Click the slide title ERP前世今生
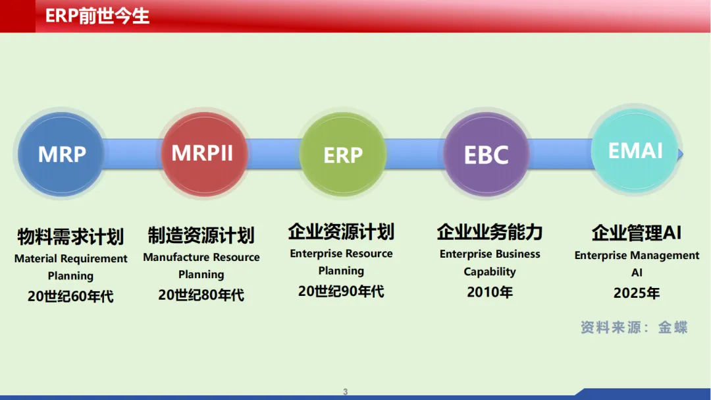[x=97, y=16]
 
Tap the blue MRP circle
[x=61, y=154]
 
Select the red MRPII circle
[x=204, y=154]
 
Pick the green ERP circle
[x=343, y=154]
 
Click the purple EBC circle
[x=486, y=154]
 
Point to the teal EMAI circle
[x=635, y=150]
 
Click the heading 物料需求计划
[x=70, y=237]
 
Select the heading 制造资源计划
[x=201, y=235]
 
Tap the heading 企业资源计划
[x=342, y=231]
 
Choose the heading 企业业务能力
[x=490, y=232]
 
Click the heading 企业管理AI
[x=637, y=233]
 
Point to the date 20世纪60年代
[x=70, y=296]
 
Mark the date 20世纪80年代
[x=201, y=295]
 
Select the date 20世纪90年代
[x=341, y=291]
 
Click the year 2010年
[x=490, y=292]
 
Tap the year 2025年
[x=637, y=293]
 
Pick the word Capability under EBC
[x=490, y=271]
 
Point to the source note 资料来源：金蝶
[x=634, y=328]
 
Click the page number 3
[x=345, y=391]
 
